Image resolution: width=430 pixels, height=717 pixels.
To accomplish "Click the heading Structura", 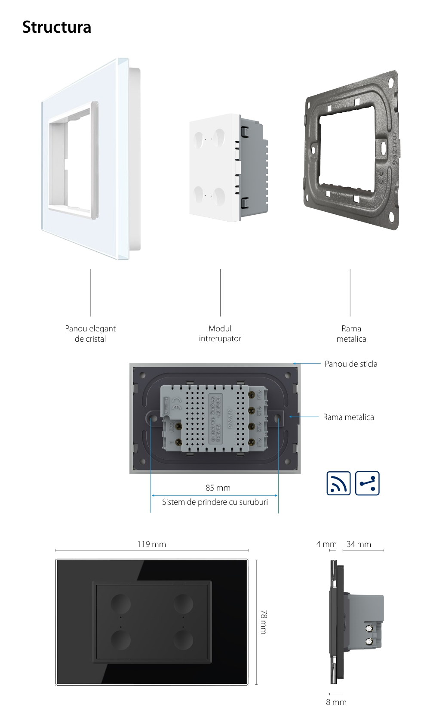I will [57, 27].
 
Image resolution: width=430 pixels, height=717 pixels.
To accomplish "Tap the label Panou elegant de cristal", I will [90, 334].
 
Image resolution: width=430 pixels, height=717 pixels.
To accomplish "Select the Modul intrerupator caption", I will [220, 334].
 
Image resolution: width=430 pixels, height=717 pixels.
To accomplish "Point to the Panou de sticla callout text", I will [351, 364].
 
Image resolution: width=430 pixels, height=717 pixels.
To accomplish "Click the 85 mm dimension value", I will [218, 488].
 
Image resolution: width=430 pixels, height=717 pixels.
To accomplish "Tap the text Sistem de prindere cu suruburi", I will [215, 502].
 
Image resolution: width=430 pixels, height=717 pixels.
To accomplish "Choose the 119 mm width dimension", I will [151, 544].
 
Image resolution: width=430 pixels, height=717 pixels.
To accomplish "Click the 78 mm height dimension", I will [264, 621].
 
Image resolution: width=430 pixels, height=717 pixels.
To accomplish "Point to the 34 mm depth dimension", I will [359, 544].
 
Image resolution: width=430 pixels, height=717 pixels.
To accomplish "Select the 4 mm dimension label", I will [326, 544].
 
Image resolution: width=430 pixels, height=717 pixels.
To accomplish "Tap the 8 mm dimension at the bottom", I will [336, 702].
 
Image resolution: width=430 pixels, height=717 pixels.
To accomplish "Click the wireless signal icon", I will [338, 483].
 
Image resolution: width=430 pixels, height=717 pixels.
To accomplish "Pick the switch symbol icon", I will [367, 483].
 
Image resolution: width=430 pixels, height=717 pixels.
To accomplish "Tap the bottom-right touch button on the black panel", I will [183, 640].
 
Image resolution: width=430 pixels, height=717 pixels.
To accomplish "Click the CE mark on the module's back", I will [176, 405].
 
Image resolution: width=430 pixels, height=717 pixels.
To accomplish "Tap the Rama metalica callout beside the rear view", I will [348, 417].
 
